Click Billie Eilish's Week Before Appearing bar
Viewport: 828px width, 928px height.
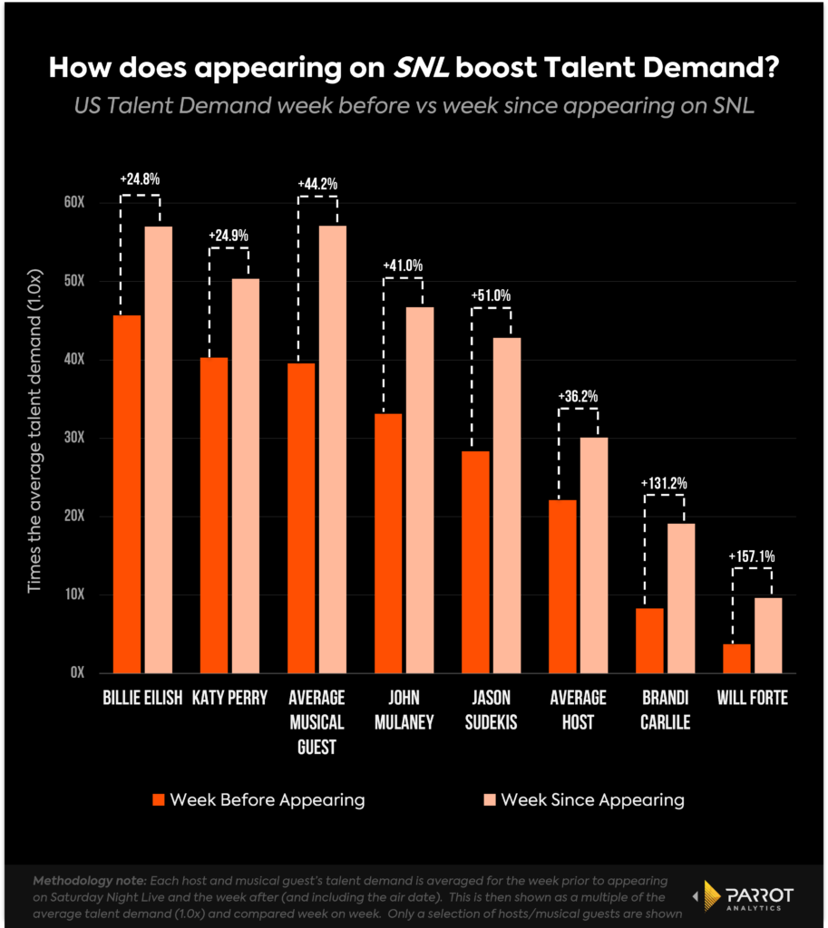click(127, 494)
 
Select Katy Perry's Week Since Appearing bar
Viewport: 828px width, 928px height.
click(245, 476)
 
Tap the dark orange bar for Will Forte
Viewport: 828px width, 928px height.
click(736, 658)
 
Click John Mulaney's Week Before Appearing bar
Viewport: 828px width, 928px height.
click(388, 543)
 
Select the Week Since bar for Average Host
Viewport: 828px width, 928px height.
click(594, 555)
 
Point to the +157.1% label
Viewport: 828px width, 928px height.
click(751, 557)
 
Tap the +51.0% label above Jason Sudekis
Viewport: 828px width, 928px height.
click(491, 295)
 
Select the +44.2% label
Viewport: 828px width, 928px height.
click(317, 184)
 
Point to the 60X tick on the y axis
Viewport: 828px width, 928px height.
click(73, 202)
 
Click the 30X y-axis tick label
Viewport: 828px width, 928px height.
click(73, 438)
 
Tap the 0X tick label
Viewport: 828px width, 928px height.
click(77, 672)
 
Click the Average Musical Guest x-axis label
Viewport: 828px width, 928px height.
click(317, 723)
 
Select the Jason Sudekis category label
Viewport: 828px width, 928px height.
click(491, 710)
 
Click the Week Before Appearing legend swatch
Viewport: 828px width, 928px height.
click(159, 799)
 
